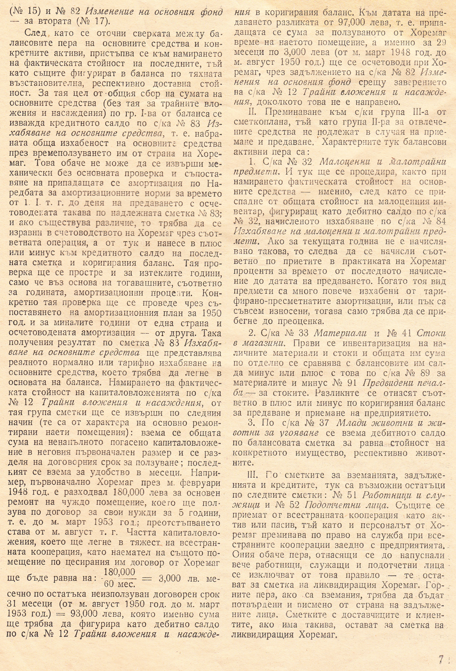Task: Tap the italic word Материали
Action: coord(340,333)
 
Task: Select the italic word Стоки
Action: coord(431,333)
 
